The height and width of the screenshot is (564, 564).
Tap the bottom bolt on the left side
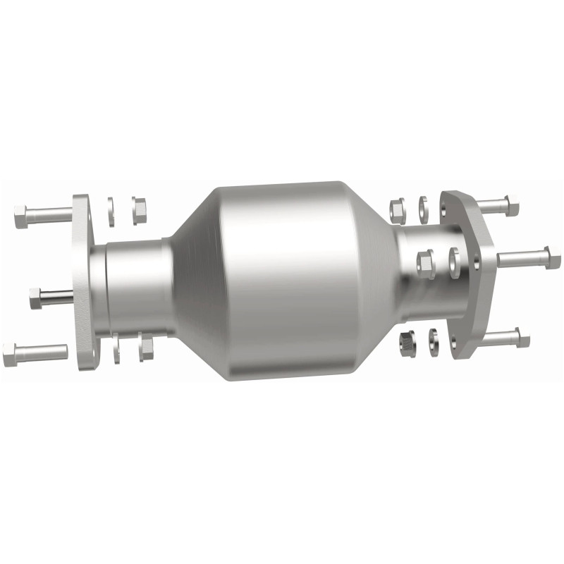(35, 353)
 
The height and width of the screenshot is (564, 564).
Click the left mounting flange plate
(82, 282)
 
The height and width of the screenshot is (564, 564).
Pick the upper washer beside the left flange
(111, 211)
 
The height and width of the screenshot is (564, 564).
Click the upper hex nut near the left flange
(139, 209)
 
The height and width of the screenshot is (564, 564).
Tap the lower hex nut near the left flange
(146, 347)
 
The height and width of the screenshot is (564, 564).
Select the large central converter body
(282, 282)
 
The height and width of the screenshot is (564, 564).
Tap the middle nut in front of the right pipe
(426, 264)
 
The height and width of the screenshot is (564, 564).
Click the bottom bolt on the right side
(504, 338)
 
